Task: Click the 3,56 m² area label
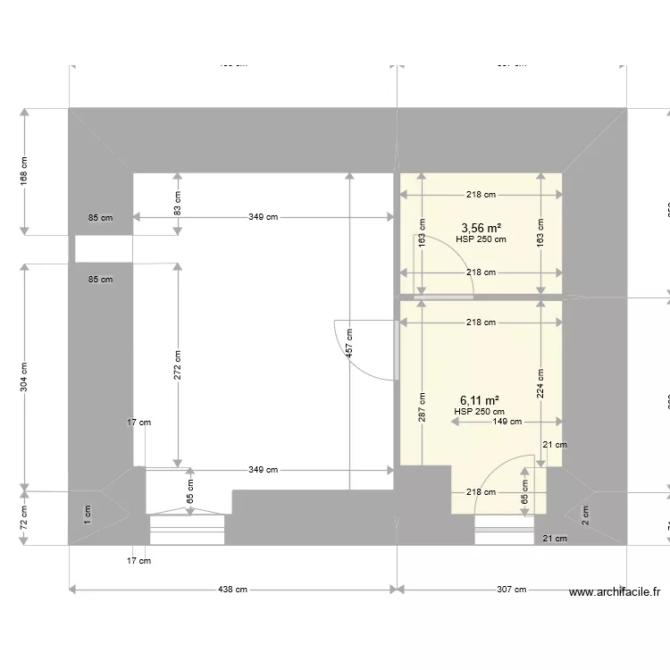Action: [481, 228]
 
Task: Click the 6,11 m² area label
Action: [479, 401]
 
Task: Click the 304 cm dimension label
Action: [25, 376]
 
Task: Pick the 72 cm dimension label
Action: [25, 515]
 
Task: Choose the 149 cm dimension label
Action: [507, 423]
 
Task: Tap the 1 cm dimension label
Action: [88, 513]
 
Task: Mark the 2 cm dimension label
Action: [585, 513]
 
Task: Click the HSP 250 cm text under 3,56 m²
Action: [481, 239]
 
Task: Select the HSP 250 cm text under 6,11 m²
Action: [479, 412]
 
